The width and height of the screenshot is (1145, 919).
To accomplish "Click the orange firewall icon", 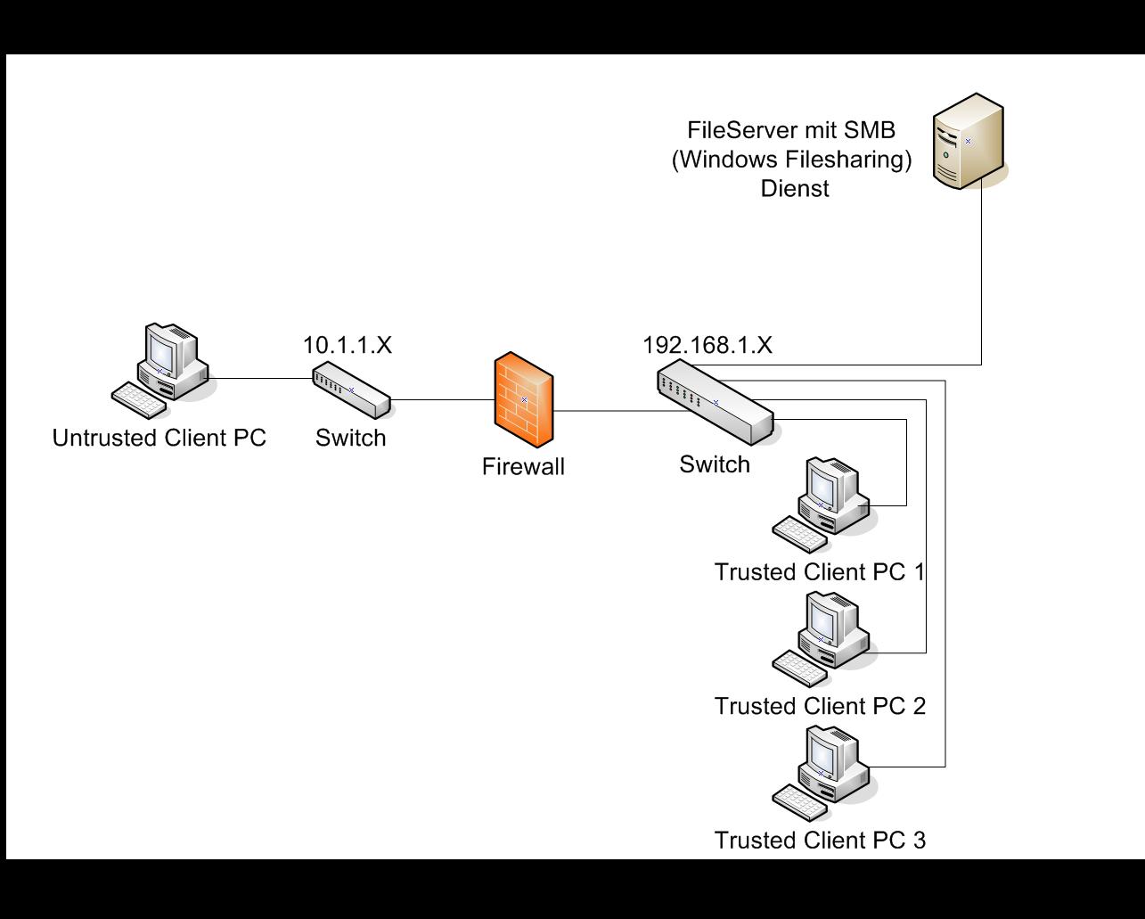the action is point(524,399).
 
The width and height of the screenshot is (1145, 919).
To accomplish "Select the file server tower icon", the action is point(969,141).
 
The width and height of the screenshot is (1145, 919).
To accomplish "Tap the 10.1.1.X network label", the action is point(348,345).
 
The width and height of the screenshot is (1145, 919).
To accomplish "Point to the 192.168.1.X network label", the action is point(707,345).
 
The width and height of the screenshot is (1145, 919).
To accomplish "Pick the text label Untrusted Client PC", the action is point(159,438).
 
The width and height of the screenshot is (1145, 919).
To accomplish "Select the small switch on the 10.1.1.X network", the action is point(351,390).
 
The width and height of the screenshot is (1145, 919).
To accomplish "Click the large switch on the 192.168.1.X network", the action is point(716,403).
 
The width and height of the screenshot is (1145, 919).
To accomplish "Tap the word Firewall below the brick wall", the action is point(523,466).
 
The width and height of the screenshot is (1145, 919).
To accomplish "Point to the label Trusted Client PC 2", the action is point(820,706).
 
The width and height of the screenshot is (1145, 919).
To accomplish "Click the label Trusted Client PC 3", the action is point(820,841).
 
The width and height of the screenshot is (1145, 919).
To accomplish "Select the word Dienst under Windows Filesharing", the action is point(795,188).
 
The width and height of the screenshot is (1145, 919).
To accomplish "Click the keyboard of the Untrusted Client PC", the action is point(139,400).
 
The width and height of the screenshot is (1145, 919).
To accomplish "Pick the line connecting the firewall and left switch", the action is point(443,399).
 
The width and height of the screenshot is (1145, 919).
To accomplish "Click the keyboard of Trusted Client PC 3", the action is point(800,802).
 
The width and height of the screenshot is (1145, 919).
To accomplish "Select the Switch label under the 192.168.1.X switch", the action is point(715,464).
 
